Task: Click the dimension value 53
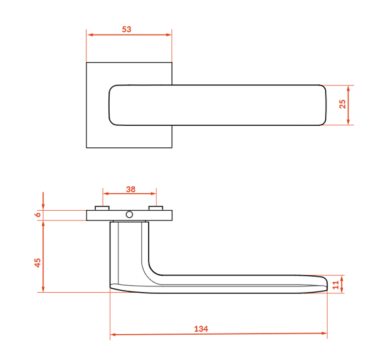tap(127, 30)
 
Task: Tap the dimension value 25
tap(342, 104)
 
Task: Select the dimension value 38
tap(130, 189)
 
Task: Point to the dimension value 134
tap(201, 329)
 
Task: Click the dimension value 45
tap(38, 262)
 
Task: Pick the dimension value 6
tap(38, 214)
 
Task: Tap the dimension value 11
tap(336, 285)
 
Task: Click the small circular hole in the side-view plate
tap(129, 215)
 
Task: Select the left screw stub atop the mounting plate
tap(102, 208)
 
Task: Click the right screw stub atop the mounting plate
tap(156, 208)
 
